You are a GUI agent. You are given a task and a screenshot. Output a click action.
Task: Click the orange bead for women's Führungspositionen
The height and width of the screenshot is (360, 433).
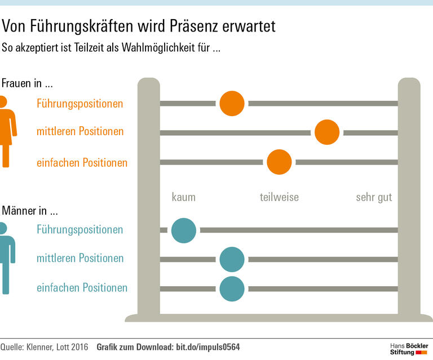(232, 103)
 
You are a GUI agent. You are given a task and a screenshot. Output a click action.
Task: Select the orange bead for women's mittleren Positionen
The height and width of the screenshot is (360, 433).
(327, 132)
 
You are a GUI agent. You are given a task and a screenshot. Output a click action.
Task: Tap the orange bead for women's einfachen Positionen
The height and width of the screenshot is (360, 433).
(279, 162)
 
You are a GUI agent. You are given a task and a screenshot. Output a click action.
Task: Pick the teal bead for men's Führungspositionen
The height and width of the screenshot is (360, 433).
(184, 230)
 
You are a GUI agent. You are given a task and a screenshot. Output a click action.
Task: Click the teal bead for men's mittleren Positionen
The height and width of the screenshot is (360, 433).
(232, 259)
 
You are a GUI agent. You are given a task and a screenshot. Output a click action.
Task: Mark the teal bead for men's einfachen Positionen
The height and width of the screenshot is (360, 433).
(232, 288)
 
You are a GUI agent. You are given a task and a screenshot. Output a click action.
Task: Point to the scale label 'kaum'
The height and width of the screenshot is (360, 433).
(184, 197)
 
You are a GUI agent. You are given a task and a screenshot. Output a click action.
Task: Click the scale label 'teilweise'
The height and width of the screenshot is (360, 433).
(279, 197)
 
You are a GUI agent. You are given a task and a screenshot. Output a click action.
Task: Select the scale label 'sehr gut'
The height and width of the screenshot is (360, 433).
(374, 197)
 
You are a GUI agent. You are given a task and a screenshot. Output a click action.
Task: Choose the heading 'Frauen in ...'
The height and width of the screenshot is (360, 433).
(27, 83)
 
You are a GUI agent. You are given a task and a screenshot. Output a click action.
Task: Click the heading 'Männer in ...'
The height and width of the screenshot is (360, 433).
(30, 212)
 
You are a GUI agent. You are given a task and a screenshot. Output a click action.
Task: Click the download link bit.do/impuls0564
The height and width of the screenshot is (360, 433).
(206, 347)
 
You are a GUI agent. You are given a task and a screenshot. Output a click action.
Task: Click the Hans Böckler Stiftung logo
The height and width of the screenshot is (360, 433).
(409, 348)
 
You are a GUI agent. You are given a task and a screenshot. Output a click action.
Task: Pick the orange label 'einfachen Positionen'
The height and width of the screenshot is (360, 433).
(82, 163)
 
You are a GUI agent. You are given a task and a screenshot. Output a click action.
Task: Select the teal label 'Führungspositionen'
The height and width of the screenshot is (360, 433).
(79, 229)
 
